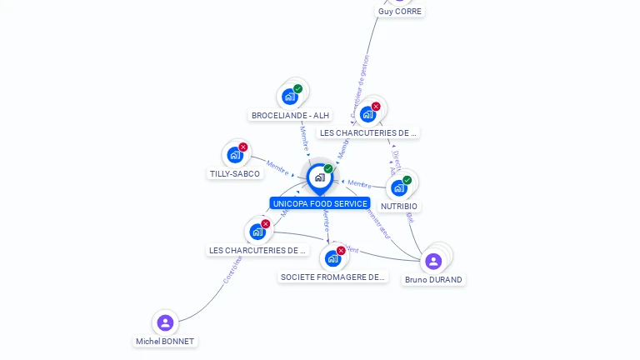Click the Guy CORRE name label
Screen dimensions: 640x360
400,12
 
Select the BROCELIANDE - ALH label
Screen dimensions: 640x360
290,116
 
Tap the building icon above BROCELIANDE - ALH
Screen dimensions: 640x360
290,96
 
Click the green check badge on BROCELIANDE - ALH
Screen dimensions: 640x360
298,88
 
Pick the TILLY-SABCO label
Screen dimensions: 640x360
235,174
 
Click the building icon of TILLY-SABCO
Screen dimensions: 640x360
235,154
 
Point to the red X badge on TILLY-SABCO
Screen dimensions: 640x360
243,147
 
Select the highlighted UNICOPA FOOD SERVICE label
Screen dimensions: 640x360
320,203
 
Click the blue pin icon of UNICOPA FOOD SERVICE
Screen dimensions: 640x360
319,177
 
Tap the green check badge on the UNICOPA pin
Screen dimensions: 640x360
328,169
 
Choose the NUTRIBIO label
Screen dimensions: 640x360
399,206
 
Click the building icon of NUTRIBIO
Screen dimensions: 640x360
399,187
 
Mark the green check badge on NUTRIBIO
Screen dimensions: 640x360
407,180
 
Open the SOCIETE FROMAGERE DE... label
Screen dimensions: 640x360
333,277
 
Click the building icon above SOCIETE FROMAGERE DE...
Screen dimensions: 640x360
332,258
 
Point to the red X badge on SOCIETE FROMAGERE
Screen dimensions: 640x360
341,250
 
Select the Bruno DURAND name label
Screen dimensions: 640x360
433,280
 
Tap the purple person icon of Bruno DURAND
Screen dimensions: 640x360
433,262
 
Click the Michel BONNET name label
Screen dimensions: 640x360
165,342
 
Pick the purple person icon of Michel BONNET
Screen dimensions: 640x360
165,322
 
